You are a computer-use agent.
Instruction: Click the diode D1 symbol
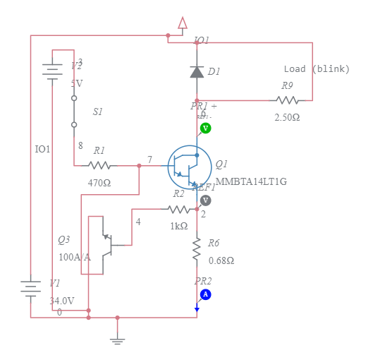pyautogui.click(x=197, y=71)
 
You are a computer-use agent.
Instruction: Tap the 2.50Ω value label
pyautogui.click(x=287, y=117)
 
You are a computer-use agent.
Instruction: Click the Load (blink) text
pyautogui.click(x=314, y=69)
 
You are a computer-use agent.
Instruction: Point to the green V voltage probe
pyautogui.click(x=205, y=128)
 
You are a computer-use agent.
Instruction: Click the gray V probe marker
pyautogui.click(x=205, y=200)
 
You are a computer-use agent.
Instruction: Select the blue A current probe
pyautogui.click(x=205, y=294)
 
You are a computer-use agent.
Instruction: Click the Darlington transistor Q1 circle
pyautogui.click(x=190, y=167)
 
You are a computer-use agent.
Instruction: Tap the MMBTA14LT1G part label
pyautogui.click(x=251, y=181)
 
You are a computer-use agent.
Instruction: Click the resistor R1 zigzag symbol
pyautogui.click(x=99, y=166)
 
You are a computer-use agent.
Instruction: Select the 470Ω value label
pyautogui.click(x=99, y=183)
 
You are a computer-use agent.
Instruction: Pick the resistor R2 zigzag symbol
pyautogui.click(x=179, y=209)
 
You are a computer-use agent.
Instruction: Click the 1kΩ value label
pyautogui.click(x=179, y=226)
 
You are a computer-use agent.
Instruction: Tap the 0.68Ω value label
pyautogui.click(x=221, y=260)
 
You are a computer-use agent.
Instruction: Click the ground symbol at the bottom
pyautogui.click(x=117, y=340)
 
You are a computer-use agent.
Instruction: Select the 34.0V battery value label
pyautogui.click(x=62, y=301)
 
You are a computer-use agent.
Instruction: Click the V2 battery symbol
pyautogui.click(x=51, y=71)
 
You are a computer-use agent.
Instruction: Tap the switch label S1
pyautogui.click(x=98, y=112)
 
